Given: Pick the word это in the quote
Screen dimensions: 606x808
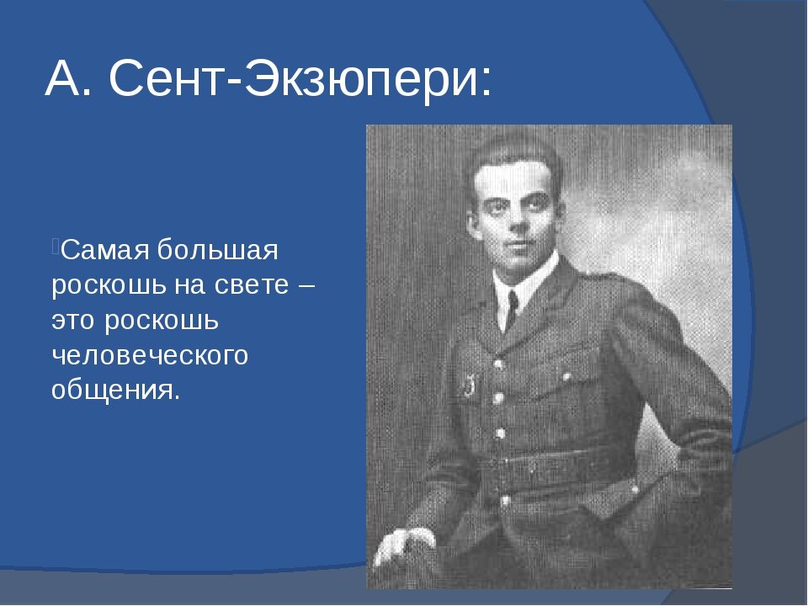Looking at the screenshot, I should [x=73, y=321].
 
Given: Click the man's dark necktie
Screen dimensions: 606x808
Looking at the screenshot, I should [x=511, y=310].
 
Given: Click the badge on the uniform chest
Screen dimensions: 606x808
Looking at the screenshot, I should [x=465, y=386].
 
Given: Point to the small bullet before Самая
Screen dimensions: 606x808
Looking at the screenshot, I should [x=55, y=245].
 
